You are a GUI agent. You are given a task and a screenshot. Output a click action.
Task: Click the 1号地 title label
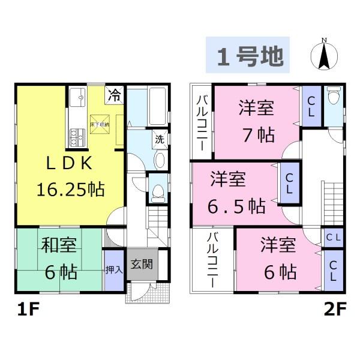click(x=248, y=56)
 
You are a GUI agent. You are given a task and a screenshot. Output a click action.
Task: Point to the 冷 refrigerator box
click(x=115, y=94)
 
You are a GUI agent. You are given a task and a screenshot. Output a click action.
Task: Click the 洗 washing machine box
click(x=160, y=139)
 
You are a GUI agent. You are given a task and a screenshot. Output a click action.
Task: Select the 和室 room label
click(x=58, y=246)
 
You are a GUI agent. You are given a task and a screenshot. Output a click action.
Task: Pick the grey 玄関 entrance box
click(x=142, y=263)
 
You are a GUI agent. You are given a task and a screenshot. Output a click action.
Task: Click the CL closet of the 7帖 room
click(x=311, y=103)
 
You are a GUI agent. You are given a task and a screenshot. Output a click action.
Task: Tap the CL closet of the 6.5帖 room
click(x=289, y=181)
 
